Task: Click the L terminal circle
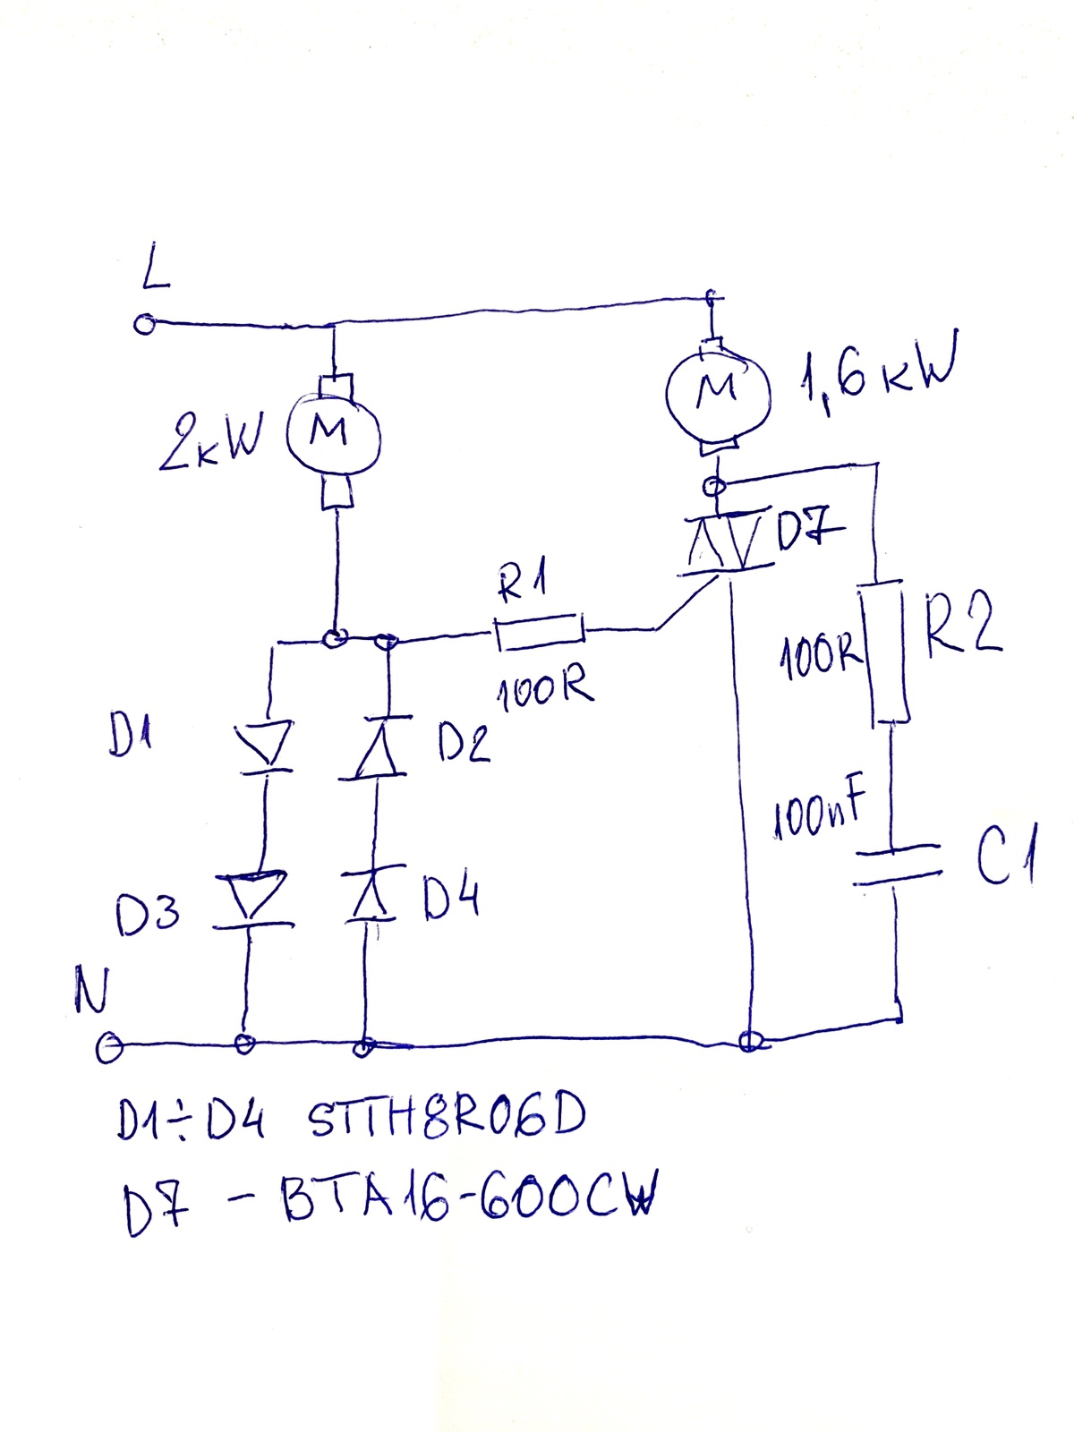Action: tap(144, 324)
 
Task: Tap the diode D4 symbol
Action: tap(371, 894)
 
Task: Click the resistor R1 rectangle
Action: tap(540, 632)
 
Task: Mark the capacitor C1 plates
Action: tap(898, 865)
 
